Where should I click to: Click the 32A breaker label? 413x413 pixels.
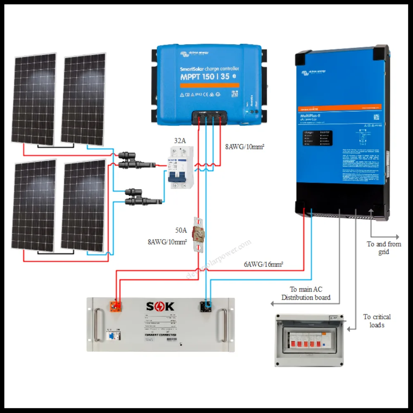pyautogui.click(x=180, y=140)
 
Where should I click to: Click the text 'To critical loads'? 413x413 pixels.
pyautogui.click(x=377, y=321)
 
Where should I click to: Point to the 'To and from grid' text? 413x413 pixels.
pyautogui.click(x=384, y=248)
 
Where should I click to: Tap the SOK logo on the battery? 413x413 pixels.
pyautogui.click(x=160, y=306)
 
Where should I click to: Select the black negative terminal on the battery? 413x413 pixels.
pyautogui.click(x=206, y=306)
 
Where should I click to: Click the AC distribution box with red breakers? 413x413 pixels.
pyautogui.click(x=309, y=340)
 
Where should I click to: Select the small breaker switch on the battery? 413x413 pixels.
pyautogui.click(x=110, y=335)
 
